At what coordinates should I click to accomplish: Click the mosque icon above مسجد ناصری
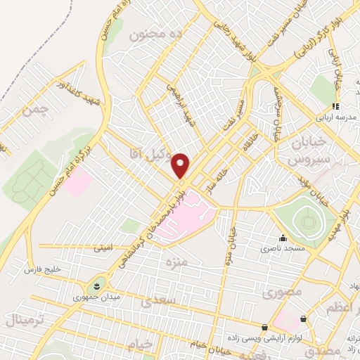pyautogui.click(x=283, y=238)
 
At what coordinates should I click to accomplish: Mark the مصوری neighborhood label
pyautogui.click(x=285, y=290)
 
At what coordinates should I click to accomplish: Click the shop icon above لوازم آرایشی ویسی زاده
pyautogui.click(x=264, y=327)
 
